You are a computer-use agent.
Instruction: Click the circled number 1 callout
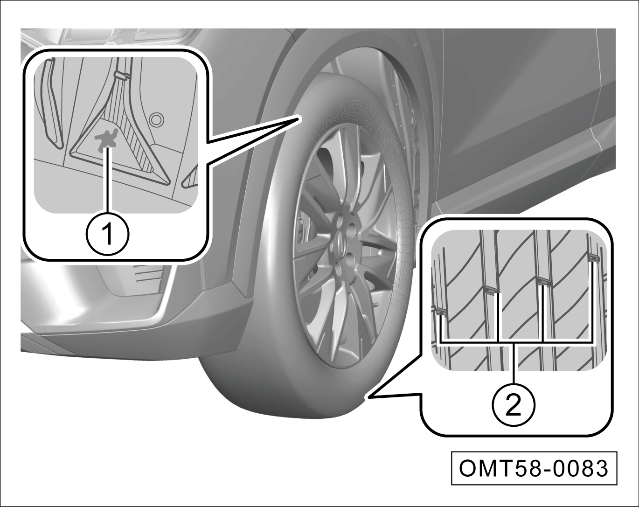(x=107, y=234)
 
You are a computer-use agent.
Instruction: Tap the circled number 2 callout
(x=514, y=405)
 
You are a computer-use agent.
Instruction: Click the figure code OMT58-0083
(x=534, y=469)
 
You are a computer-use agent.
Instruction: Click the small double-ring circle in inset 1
(x=156, y=120)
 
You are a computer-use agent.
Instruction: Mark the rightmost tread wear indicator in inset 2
(x=594, y=257)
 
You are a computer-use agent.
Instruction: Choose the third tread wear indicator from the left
(x=543, y=281)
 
